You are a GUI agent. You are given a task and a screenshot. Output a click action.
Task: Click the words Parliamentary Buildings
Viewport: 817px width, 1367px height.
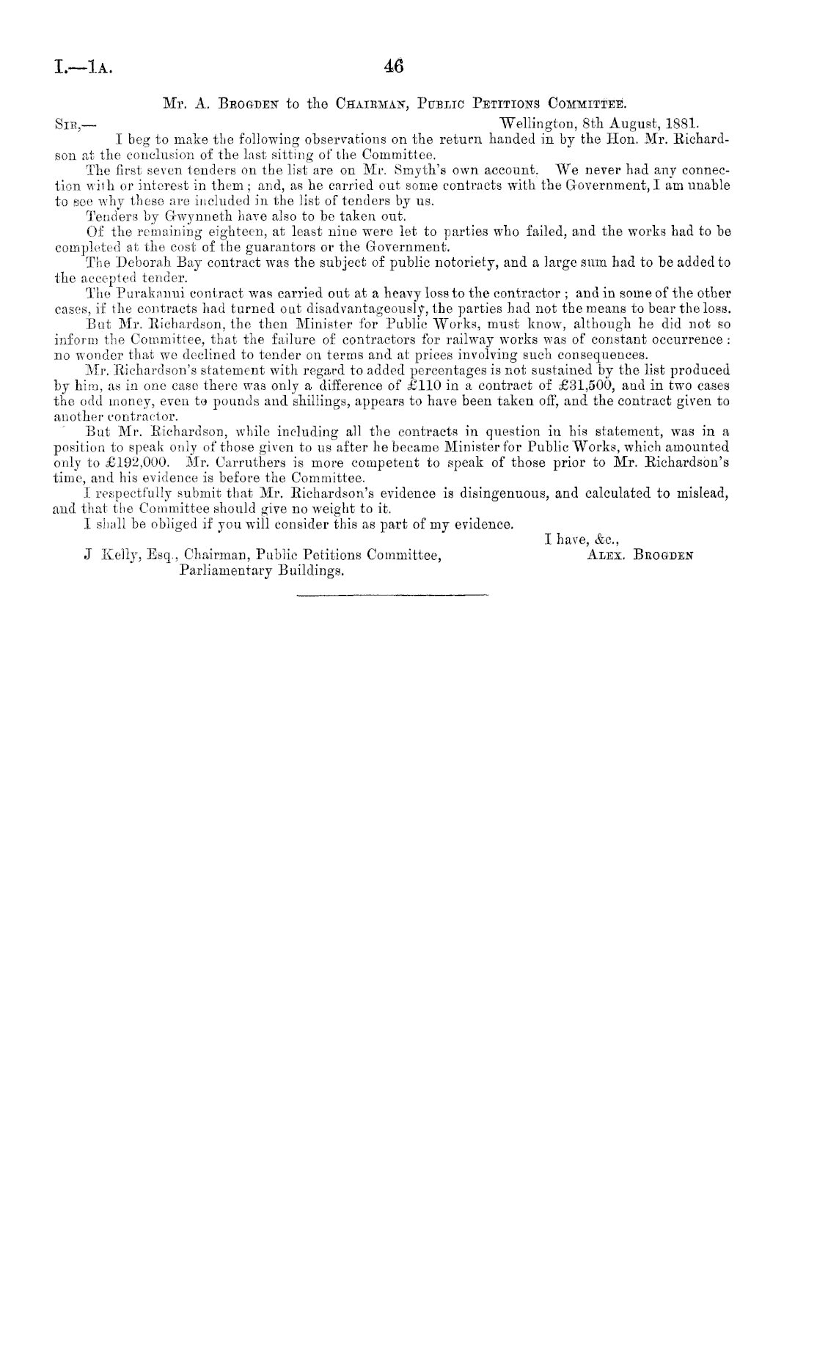coord(262,570)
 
